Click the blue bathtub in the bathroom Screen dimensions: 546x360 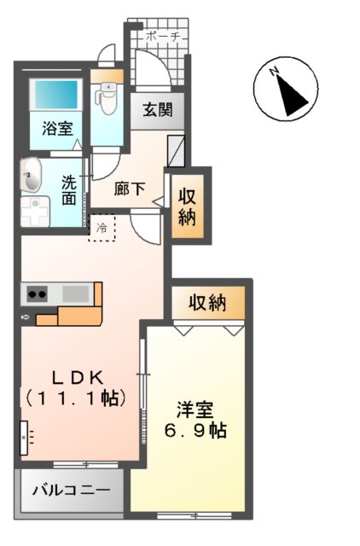56,98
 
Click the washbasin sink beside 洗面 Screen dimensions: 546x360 32,177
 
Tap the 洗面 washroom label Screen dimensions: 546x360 69,190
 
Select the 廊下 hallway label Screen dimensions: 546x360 130,189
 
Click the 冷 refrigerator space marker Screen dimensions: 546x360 102,228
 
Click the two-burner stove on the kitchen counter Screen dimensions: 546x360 38,294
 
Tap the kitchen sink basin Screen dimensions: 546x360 76,293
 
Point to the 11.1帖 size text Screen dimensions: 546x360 76,398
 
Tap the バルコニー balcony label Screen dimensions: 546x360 71,491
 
